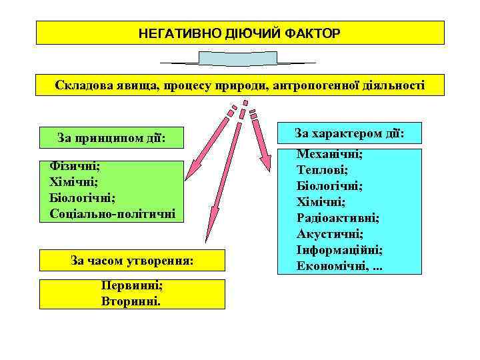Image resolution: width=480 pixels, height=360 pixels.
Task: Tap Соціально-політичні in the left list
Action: coord(112,213)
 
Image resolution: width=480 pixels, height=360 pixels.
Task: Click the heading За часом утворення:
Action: coord(132,261)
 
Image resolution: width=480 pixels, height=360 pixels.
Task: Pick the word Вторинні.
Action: coord(131,301)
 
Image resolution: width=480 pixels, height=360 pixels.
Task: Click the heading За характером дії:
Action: coord(349,134)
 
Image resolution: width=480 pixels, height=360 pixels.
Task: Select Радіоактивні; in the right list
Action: coord(338,218)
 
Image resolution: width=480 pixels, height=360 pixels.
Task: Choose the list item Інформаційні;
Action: coord(339,250)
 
